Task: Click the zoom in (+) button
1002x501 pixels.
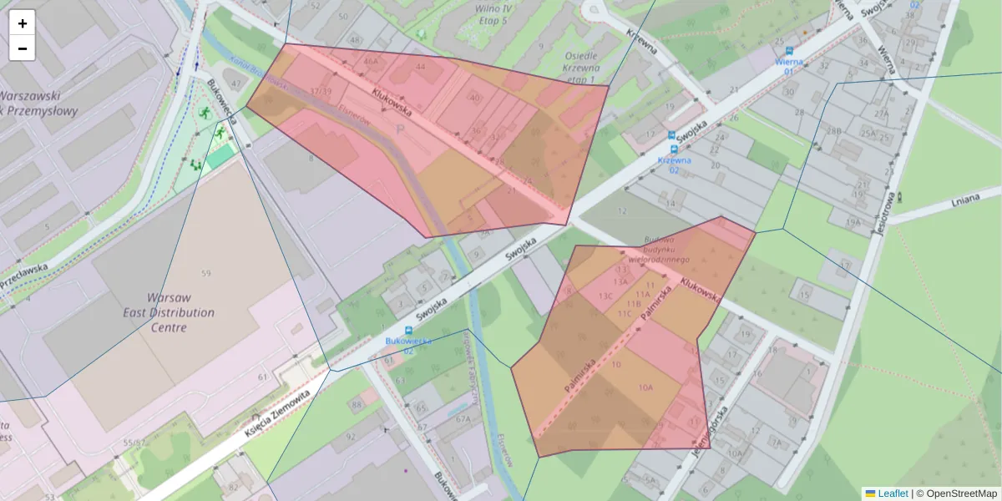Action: click(x=22, y=23)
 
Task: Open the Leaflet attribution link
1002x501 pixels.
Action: click(x=893, y=493)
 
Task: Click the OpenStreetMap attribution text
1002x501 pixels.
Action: click(x=961, y=493)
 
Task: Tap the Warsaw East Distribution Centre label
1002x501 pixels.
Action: click(x=180, y=312)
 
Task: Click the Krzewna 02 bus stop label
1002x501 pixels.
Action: click(x=674, y=165)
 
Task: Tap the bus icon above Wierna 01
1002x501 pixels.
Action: click(x=788, y=50)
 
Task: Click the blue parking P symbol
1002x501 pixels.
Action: click(x=399, y=129)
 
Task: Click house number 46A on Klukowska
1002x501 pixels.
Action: click(x=370, y=61)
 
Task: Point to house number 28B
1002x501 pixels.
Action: click(x=832, y=131)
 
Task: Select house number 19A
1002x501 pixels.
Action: click(x=852, y=222)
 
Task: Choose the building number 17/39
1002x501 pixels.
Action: click(x=321, y=91)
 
